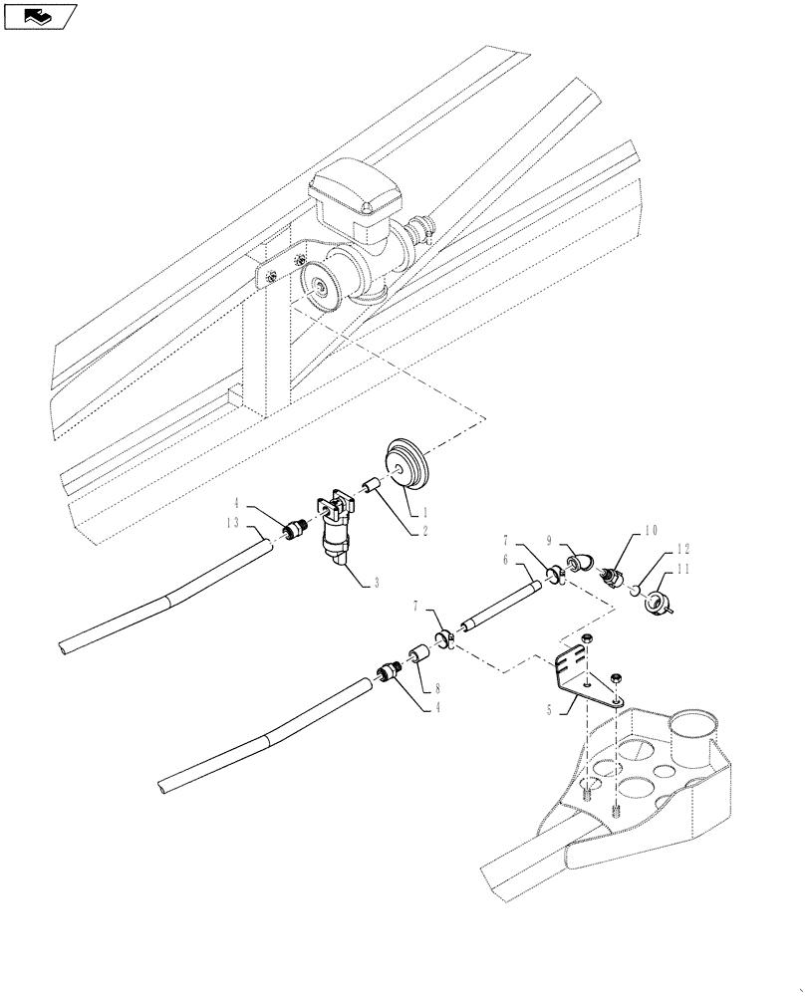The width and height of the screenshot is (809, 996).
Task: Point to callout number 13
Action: point(233,523)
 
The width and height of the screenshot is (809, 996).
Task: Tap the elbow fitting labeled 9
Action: point(585,558)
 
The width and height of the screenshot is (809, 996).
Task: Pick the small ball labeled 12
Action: point(633,591)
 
